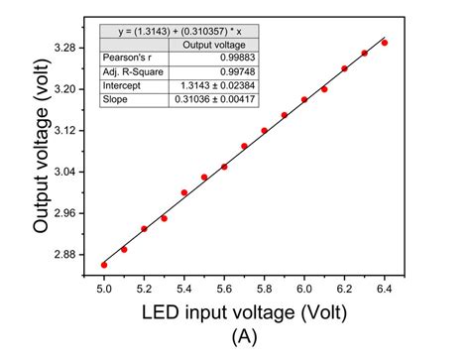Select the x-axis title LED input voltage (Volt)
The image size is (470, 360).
(x=244, y=314)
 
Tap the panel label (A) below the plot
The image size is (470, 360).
(x=244, y=337)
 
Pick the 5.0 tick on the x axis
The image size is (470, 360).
(x=104, y=288)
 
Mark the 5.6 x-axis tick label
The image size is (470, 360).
(x=224, y=288)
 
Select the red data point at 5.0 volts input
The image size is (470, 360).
(x=104, y=265)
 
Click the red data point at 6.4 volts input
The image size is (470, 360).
(x=385, y=43)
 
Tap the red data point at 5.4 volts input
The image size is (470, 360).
(x=184, y=192)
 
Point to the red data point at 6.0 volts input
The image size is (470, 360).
(x=304, y=99)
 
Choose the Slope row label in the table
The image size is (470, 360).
(x=115, y=99)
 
